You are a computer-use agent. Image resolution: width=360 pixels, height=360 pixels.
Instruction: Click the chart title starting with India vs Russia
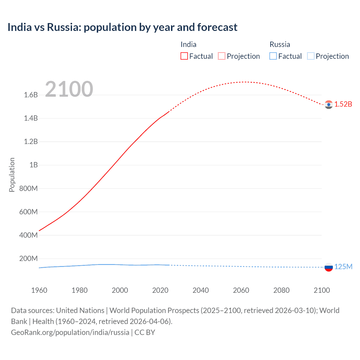122,27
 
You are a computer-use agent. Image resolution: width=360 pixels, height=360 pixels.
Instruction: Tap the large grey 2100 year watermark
69,89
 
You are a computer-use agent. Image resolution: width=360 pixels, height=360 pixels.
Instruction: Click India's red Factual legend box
184,56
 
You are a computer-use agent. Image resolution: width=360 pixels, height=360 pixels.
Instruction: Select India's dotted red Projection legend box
222,56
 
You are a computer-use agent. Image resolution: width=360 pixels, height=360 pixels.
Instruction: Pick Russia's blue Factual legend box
273,56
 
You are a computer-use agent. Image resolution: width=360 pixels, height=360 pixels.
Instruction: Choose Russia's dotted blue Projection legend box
310,56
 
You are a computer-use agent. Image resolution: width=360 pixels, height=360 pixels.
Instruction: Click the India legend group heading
188,44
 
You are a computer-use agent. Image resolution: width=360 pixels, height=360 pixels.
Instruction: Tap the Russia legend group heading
280,44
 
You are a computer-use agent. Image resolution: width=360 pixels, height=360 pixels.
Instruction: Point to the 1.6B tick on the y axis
31,95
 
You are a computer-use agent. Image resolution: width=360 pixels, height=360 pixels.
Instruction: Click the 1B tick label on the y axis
33,165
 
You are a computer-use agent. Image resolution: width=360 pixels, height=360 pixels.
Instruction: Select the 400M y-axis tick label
28,235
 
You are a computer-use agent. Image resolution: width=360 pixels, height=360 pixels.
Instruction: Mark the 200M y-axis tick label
28,258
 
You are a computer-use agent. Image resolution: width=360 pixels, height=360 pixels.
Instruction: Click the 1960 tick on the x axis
39,290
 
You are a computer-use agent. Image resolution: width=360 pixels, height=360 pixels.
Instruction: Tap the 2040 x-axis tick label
201,290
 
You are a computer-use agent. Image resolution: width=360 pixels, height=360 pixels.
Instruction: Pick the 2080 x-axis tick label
281,290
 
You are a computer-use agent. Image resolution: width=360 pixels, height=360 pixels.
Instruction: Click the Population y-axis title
12,175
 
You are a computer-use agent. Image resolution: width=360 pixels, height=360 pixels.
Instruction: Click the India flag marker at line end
328,105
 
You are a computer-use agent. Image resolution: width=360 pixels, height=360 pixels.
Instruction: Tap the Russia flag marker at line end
328,267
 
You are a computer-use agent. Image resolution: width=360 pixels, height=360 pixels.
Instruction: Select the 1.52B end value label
343,104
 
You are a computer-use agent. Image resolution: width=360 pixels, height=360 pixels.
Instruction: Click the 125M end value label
343,267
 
